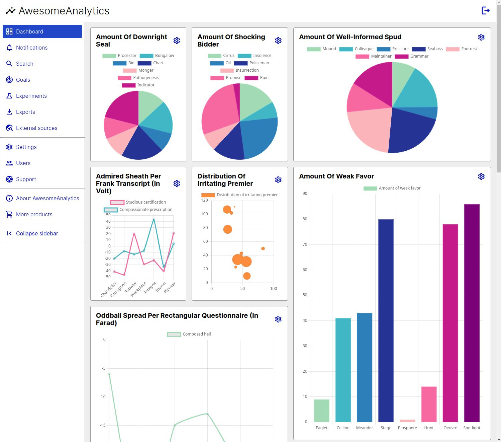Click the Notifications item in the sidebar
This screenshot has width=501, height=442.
point(32,48)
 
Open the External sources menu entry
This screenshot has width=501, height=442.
point(36,128)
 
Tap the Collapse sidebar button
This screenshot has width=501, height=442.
point(37,233)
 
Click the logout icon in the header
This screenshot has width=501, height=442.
point(485,11)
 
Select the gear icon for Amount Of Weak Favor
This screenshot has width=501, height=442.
point(481,176)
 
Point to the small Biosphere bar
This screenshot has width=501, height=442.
point(407,421)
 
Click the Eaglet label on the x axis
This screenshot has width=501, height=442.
point(321,428)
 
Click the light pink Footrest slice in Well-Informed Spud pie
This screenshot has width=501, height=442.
point(368,131)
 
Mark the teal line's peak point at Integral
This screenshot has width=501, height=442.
point(154,220)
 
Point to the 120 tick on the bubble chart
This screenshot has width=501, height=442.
point(204,200)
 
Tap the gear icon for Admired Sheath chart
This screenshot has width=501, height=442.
point(177,183)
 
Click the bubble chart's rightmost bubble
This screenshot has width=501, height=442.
point(263,248)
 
